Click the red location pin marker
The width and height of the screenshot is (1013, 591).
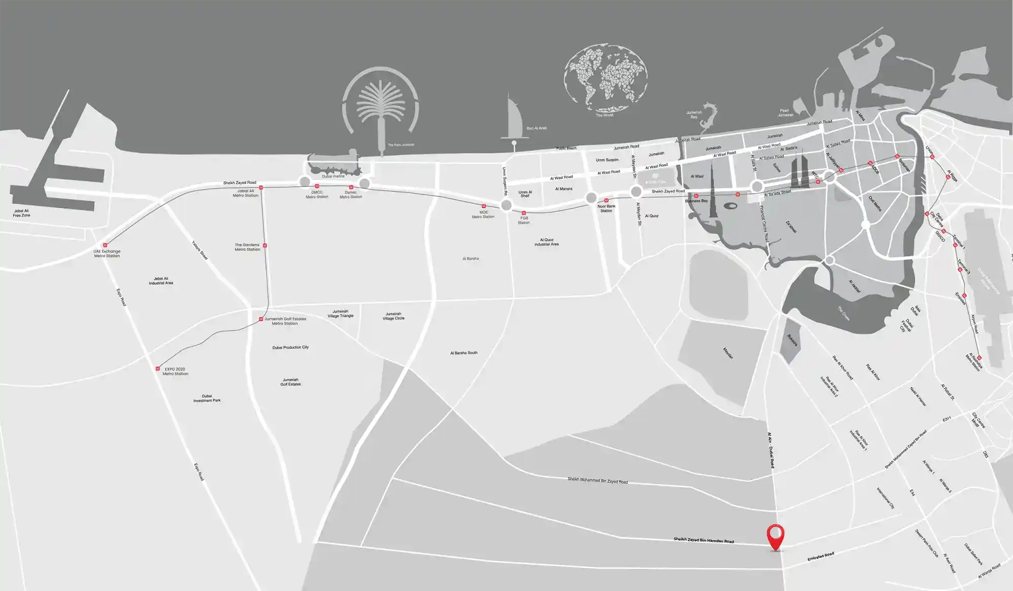(x=775, y=536)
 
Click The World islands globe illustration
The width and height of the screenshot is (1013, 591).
(x=605, y=78)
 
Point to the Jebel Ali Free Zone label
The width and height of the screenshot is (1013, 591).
(x=21, y=213)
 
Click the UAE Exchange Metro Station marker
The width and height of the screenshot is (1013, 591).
(x=105, y=245)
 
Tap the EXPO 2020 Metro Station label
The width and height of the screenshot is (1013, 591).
(x=175, y=372)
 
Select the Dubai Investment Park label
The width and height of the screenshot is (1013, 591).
(x=207, y=398)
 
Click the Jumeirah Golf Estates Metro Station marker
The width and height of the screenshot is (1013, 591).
(x=261, y=319)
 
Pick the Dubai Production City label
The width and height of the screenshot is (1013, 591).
(x=290, y=348)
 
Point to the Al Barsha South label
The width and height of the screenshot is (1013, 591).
(x=463, y=353)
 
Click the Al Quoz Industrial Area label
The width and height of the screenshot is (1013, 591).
(x=547, y=242)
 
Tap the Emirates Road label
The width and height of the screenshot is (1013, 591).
(x=821, y=557)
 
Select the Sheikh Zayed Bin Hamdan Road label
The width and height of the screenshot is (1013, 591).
(x=704, y=540)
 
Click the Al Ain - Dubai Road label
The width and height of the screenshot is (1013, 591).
(x=771, y=450)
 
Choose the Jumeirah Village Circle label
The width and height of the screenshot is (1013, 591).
(x=394, y=316)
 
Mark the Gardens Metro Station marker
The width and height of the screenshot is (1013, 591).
(x=265, y=246)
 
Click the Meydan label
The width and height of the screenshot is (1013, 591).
(x=728, y=353)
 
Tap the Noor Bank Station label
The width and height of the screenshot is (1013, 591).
(x=606, y=208)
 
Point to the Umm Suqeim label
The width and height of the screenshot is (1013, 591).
(x=607, y=160)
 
